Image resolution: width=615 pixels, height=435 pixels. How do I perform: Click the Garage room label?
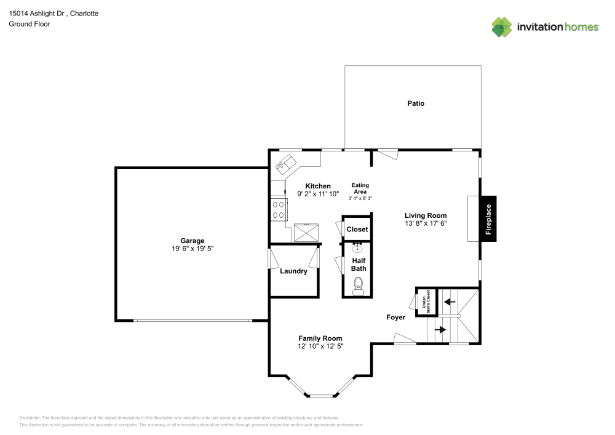(192, 241)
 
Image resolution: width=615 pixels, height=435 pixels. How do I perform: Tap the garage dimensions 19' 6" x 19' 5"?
(192, 249)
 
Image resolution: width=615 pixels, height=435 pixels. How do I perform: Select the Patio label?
(416, 103)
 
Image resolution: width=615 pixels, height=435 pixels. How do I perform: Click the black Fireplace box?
(489, 220)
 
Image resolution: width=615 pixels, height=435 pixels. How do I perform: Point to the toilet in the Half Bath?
(359, 285)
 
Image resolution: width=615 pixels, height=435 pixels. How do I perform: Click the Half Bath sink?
(358, 248)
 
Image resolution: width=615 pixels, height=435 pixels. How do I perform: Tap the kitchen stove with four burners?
(278, 210)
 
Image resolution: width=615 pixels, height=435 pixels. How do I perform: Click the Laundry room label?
(293, 271)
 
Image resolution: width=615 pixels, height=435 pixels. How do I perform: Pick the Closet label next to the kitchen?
(357, 229)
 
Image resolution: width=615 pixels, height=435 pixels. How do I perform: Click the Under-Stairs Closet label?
(426, 301)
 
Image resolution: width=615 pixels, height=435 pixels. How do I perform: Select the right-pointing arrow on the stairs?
(440, 330)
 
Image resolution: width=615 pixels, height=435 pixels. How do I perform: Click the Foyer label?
(395, 317)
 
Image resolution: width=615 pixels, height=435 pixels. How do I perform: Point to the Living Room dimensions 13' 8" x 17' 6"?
(425, 224)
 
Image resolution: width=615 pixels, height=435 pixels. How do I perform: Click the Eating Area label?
(360, 188)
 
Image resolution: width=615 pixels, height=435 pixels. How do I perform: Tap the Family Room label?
(320, 338)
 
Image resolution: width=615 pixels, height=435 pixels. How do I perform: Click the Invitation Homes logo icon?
(501, 26)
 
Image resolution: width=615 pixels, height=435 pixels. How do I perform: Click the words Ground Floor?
(30, 24)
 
